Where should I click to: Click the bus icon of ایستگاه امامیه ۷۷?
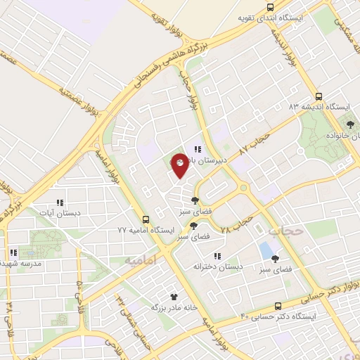coord(146,219)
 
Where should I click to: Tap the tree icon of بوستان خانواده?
coord(349,124)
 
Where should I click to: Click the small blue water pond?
coord(266,250)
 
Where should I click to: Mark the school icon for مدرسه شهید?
coord(13,252)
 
